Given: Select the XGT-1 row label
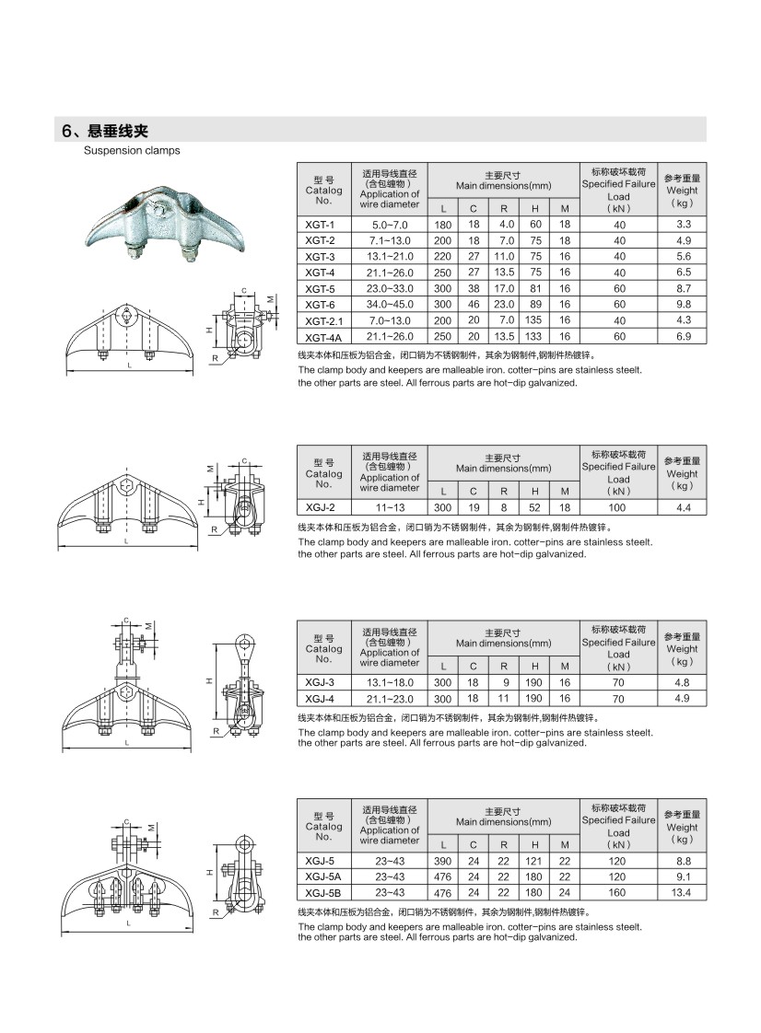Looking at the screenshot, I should [322, 225].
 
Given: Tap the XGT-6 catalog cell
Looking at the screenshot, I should [322, 304].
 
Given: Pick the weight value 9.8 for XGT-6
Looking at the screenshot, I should [683, 304].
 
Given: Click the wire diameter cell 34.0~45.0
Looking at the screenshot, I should [390, 304].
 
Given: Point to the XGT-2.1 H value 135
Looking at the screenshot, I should [534, 319].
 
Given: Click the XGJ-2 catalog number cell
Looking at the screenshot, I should [322, 507].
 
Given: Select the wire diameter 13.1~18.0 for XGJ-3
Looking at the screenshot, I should [390, 682].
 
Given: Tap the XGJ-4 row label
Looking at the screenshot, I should [322, 699].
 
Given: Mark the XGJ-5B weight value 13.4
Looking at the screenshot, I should [683, 892].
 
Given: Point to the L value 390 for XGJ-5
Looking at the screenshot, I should [443, 860].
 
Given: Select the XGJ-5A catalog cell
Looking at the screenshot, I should [322, 876].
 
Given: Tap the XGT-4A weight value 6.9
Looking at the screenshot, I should [683, 336].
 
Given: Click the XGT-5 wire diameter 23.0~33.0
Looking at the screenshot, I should [390, 288].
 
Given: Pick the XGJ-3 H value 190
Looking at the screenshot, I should [534, 682].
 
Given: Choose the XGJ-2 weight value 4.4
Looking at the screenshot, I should [683, 507].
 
